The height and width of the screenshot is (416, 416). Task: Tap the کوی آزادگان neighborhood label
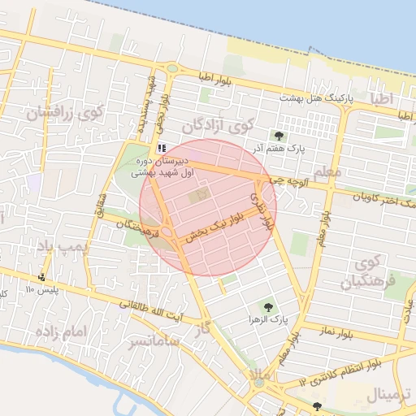point(218,126)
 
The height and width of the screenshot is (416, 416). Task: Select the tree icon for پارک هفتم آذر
point(279,136)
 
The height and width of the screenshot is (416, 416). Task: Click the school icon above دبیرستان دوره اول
point(162,148)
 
